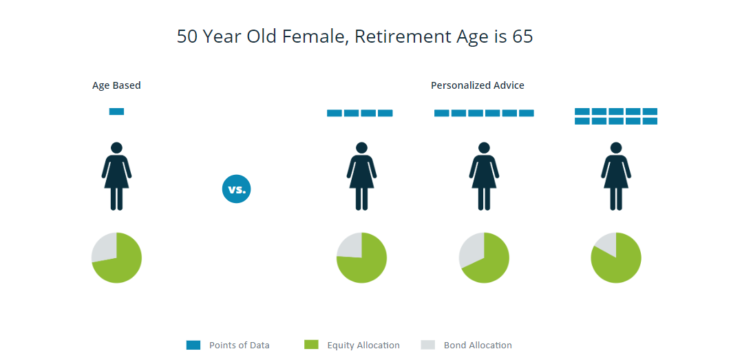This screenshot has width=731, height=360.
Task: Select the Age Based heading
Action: pos(116,86)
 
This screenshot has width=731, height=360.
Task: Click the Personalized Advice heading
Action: pos(478,86)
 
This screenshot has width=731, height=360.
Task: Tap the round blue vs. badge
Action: pos(236,189)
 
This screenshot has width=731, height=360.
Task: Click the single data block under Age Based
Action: pos(116,112)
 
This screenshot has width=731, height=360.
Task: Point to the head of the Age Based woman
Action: pos(116,148)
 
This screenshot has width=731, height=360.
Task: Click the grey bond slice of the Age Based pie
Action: pos(105,246)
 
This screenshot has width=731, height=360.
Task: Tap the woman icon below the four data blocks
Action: pos(361,176)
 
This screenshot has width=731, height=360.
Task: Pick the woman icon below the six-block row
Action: pos(484,176)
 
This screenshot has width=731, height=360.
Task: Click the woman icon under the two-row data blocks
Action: pos(616,176)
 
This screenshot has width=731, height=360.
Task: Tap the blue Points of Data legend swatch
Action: pos(193,345)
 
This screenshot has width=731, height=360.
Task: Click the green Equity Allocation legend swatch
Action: pos(311,345)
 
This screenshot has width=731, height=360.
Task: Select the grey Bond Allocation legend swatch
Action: pos(427,345)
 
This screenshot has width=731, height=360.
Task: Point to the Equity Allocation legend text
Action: pos(363,346)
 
